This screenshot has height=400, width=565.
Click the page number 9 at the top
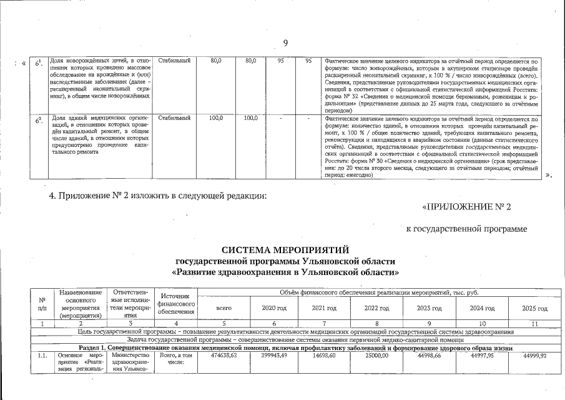(285, 43)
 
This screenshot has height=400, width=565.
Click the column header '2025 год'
(535, 309)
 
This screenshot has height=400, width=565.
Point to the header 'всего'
(224, 309)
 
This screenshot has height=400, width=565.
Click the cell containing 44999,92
(535, 354)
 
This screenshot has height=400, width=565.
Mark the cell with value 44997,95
(482, 354)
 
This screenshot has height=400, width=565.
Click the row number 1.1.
(41, 354)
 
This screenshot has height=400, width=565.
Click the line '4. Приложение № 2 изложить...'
(158, 196)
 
